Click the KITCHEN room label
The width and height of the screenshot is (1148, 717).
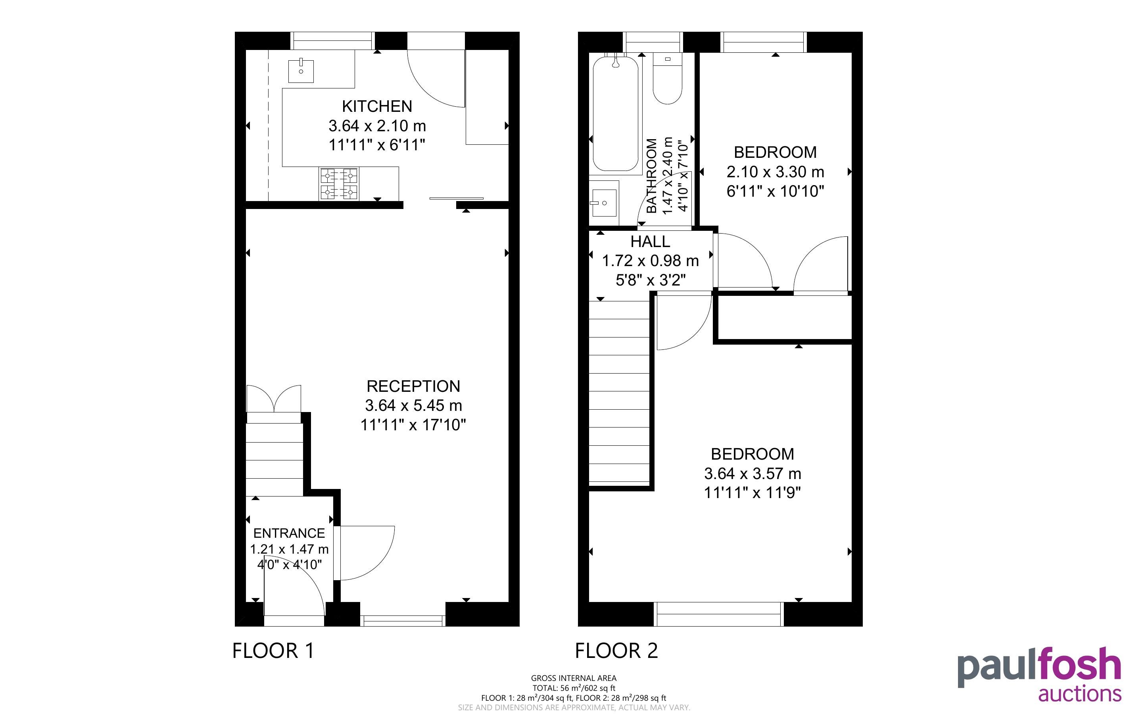(377, 106)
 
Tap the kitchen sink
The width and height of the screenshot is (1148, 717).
(301, 71)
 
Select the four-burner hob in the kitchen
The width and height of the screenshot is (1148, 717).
(339, 184)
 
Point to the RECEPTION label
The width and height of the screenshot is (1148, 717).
(413, 386)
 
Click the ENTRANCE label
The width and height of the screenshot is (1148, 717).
(289, 533)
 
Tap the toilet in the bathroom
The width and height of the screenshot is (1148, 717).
(667, 78)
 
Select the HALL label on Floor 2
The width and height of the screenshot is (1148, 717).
(650, 242)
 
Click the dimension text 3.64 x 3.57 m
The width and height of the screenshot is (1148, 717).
(753, 473)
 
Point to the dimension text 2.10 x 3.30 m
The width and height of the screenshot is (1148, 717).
(775, 172)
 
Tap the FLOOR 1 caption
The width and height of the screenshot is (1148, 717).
(273, 651)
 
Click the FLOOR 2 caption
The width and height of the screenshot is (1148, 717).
(616, 651)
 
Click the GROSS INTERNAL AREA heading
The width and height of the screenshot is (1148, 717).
(574, 678)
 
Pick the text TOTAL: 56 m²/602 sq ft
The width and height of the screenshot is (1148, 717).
(574, 688)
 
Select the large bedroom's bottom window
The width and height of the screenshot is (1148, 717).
(718, 614)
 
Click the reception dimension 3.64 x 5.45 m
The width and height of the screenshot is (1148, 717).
(413, 405)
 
